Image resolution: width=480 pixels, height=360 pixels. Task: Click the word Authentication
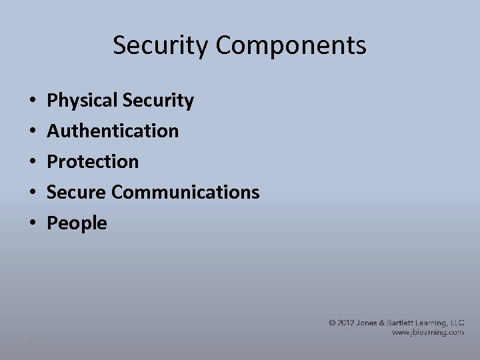113,131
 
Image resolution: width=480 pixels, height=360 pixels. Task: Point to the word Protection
93,161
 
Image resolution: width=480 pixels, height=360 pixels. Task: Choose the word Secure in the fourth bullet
77,192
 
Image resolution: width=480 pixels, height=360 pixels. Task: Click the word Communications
185,192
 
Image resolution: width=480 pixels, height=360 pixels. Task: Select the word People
77,223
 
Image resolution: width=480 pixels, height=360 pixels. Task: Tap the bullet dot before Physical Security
33,101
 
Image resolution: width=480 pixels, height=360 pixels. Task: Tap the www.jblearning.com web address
427,332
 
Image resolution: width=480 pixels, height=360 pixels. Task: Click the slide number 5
31,343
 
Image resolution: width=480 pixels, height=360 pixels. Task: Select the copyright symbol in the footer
333,323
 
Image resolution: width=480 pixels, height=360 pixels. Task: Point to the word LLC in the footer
456,323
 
